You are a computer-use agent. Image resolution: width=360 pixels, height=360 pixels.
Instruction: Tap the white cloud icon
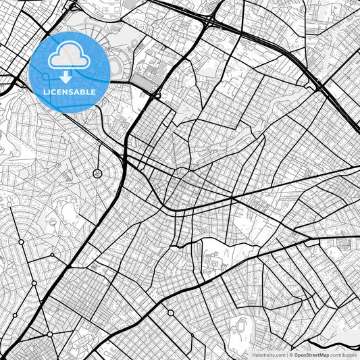[x=70, y=56]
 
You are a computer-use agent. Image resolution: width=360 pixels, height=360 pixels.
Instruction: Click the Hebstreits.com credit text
[x=269, y=354]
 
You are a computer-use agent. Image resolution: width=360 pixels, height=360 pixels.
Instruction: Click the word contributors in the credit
[x=343, y=354]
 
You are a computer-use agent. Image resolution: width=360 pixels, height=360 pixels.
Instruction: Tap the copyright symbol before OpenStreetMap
[x=291, y=354]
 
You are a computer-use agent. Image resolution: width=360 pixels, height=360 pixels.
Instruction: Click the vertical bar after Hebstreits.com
[x=287, y=354]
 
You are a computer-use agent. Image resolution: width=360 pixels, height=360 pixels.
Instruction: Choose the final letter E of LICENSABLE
[x=93, y=91]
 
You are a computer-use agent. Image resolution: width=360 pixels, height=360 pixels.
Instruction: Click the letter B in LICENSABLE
[x=83, y=91]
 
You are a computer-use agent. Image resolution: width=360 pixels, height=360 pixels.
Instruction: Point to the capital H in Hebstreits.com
[x=254, y=354]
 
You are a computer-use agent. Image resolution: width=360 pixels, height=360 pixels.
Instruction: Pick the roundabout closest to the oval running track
[x=170, y=313]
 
